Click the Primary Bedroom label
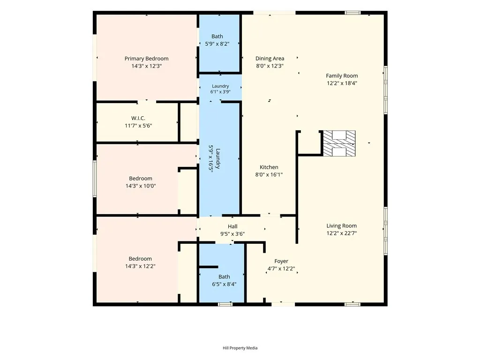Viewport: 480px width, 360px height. coord(146,59)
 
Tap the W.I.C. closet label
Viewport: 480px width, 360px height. coord(138,118)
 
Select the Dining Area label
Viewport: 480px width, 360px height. coord(270,59)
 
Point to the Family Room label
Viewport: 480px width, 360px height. coord(342,75)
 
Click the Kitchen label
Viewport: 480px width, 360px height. coord(269,167)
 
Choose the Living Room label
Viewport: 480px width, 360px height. coord(341,226)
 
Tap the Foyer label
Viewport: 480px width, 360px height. coord(281,261)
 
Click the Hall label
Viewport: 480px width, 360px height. coord(232,226)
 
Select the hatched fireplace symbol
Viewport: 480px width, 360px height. coord(339,143)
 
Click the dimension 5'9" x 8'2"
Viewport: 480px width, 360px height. coord(217,44)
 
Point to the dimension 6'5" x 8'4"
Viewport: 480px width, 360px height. coord(224,284)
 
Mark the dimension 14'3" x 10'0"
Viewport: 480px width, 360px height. coord(141,186)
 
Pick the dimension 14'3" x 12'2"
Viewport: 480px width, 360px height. coord(140,266)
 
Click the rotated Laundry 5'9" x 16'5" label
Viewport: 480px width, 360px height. coord(214,158)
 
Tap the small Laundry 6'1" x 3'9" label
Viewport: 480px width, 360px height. coord(220,89)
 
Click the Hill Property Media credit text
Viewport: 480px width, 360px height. coord(240,348)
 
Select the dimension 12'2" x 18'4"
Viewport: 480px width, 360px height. coord(342,83)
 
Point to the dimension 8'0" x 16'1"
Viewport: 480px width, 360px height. coord(269,174)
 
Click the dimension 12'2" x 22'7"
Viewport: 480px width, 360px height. coord(342,233)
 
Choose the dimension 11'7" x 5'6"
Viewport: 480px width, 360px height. coord(138,126)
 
